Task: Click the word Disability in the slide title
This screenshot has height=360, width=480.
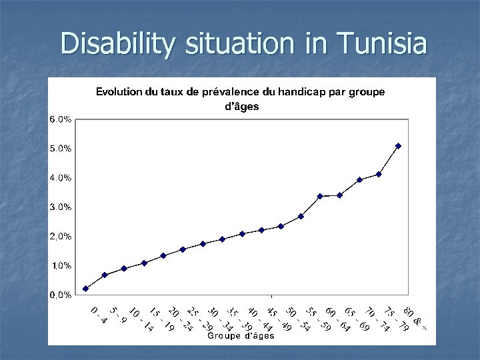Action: [117, 45]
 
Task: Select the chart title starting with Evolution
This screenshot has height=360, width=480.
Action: [240, 99]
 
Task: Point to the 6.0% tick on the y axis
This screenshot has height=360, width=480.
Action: [61, 119]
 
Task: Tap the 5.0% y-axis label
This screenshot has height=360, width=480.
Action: [61, 149]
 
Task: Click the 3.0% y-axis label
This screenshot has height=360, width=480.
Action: [61, 207]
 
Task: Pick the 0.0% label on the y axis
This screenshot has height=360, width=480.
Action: [61, 295]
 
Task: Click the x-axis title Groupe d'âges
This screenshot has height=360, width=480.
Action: [241, 336]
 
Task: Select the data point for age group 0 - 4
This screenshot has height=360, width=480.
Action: [85, 289]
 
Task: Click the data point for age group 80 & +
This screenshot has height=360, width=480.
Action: [398, 145]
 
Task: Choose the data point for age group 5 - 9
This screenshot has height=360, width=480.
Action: [105, 275]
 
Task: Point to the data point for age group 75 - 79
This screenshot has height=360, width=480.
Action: [379, 174]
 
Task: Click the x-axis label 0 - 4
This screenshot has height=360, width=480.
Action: [98, 315]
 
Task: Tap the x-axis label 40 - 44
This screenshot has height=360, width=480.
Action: [259, 319]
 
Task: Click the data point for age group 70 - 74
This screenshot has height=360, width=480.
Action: [359, 179]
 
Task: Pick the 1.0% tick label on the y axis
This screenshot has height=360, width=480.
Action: [61, 265]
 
